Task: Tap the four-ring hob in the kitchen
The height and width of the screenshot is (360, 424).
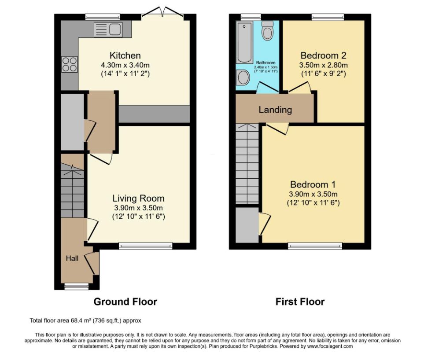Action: (x=70, y=64)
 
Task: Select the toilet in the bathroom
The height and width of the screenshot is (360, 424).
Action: (x=267, y=30)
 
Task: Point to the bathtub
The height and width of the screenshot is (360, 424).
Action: (x=244, y=42)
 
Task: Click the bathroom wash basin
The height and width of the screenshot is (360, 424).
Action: (x=243, y=77)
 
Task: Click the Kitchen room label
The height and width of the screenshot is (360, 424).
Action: (x=125, y=55)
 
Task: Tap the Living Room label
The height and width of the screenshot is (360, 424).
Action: (x=138, y=198)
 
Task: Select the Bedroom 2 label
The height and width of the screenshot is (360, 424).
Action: (x=324, y=55)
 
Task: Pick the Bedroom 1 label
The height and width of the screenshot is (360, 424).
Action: (x=313, y=184)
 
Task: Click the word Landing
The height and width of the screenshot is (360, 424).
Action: (x=275, y=110)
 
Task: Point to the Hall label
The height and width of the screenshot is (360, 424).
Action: (x=72, y=258)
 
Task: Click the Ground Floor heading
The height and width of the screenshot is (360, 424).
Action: (x=125, y=301)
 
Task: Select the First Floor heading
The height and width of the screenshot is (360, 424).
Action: (x=300, y=301)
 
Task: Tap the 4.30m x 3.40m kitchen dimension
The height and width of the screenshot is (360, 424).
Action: (x=125, y=65)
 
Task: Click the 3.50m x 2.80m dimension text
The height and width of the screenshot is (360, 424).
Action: (x=324, y=65)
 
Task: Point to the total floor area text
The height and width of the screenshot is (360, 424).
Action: (x=85, y=321)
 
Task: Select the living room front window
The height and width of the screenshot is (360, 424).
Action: (x=145, y=246)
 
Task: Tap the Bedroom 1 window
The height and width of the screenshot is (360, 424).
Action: (x=315, y=246)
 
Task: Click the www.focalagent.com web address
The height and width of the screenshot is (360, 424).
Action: (x=330, y=346)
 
